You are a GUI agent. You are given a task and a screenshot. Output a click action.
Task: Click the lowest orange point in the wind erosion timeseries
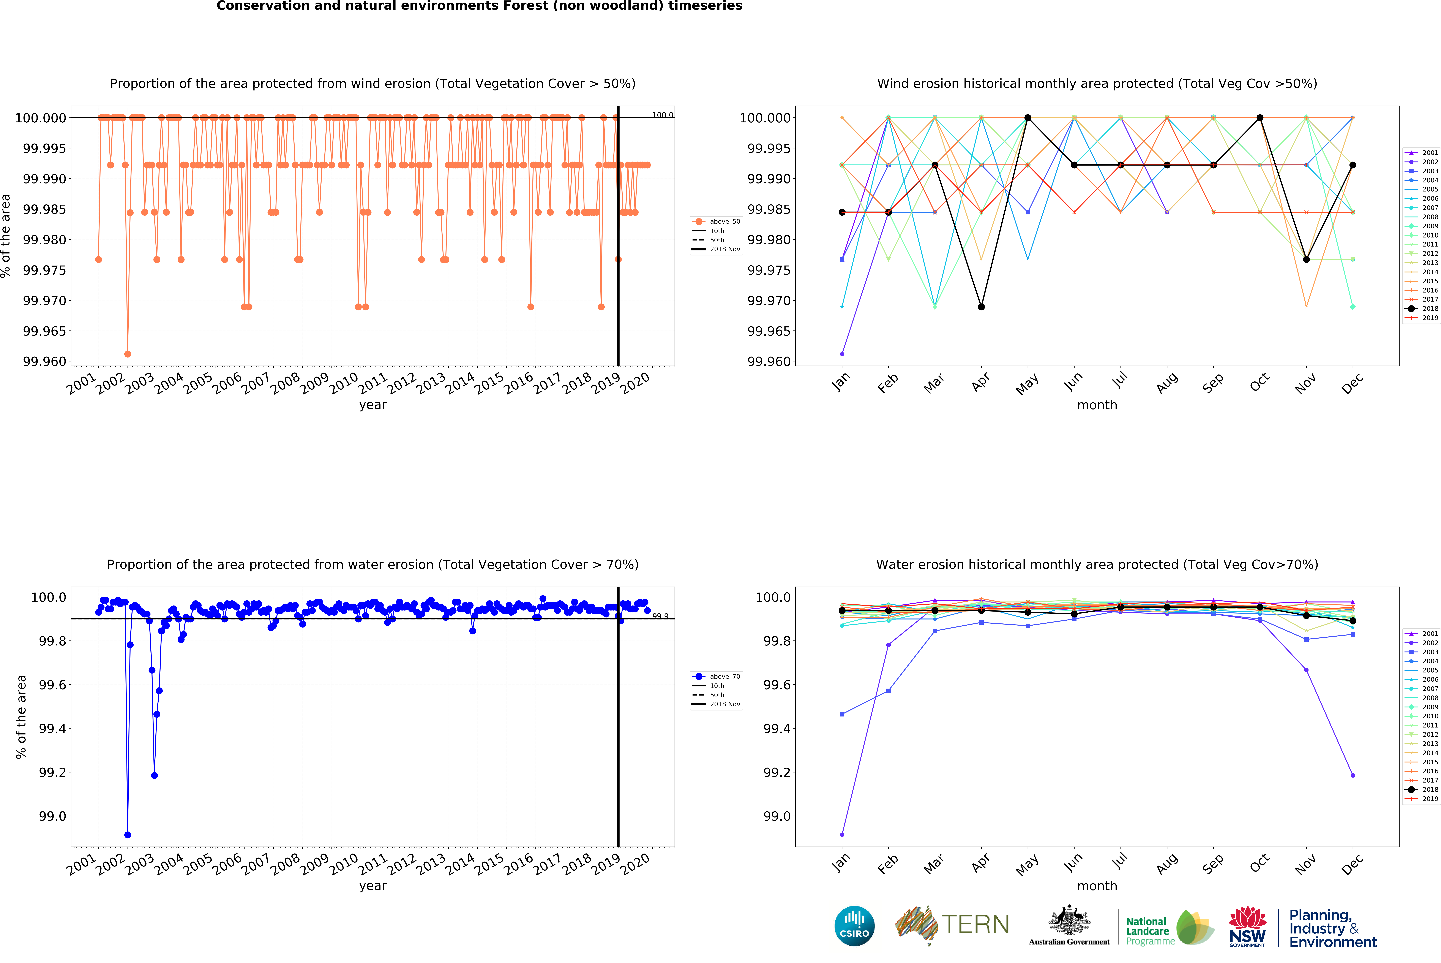click(x=128, y=354)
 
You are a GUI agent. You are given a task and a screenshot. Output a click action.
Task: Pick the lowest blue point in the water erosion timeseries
click(x=128, y=835)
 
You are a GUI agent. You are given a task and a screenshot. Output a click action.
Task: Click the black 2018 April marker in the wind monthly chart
click(x=981, y=307)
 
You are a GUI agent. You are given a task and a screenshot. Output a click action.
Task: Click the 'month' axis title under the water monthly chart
click(x=1097, y=886)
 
